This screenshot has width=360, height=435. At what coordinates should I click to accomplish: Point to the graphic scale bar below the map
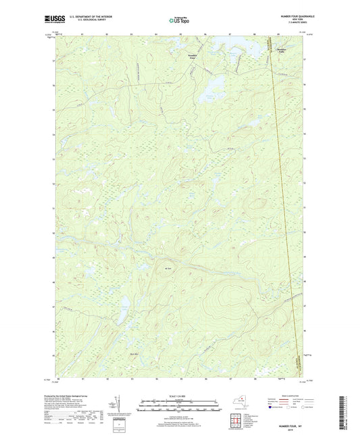pyautogui.click(x=180, y=407)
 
